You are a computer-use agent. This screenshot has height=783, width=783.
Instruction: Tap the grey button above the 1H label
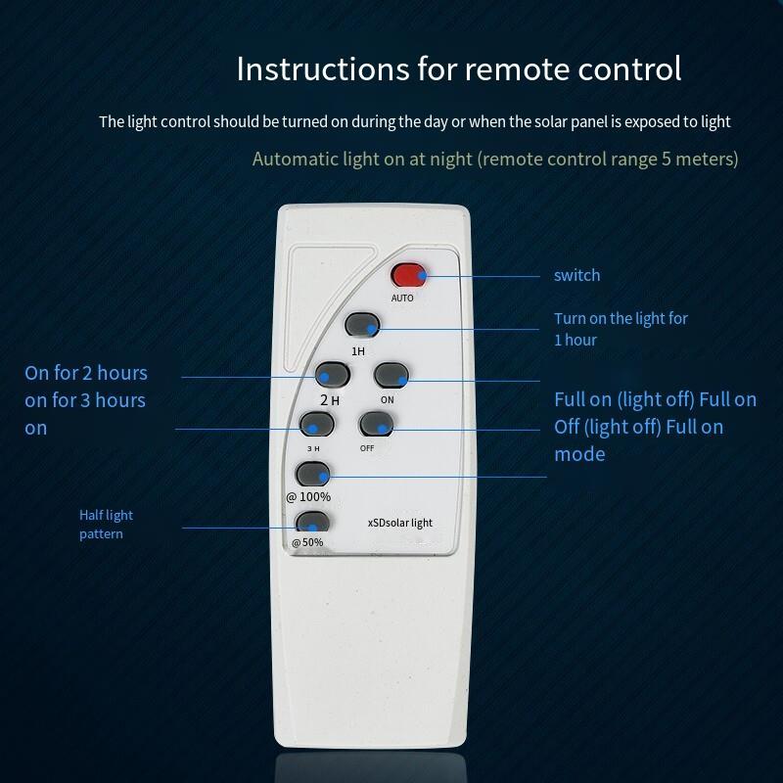362,325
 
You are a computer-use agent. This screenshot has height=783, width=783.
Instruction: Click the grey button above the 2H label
333,375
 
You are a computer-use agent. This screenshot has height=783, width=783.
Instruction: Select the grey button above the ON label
391,375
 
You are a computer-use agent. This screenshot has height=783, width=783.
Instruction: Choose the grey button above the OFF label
377,424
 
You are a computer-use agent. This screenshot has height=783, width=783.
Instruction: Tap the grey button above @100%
313,474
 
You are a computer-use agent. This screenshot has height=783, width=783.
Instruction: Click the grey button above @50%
312,522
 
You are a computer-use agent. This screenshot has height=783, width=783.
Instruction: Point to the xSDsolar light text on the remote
400,523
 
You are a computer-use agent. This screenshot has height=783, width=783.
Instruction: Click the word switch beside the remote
576,275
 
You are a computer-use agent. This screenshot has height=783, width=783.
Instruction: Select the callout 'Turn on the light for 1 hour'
621,329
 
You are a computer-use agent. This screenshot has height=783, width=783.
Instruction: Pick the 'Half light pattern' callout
106,525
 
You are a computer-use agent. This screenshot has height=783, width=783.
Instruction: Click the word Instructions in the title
323,69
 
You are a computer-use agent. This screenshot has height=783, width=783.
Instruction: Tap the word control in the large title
629,69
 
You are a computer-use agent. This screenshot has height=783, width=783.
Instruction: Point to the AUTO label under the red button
402,299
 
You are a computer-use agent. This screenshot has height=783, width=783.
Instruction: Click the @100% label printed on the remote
308,497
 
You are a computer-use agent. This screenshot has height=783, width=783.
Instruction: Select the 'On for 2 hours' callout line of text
86,373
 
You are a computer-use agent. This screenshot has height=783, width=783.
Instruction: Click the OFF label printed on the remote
367,448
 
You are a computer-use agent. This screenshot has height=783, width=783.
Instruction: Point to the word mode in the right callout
579,454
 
